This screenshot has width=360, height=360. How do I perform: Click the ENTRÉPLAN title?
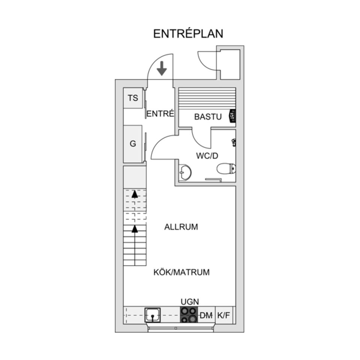(188, 33)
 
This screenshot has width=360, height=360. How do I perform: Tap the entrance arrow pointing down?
(162, 68)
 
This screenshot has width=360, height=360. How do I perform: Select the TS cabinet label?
(133, 98)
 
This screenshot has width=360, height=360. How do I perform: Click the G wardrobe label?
(133, 144)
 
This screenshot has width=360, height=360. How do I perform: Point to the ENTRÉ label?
(160, 114)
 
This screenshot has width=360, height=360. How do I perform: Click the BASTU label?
(208, 117)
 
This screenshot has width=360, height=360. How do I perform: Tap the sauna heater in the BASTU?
(232, 116)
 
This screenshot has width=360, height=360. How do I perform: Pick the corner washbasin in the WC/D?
(185, 173)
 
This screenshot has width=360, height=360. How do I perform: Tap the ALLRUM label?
(181, 227)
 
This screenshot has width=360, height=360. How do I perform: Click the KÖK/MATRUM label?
(181, 272)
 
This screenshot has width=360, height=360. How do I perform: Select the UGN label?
(189, 301)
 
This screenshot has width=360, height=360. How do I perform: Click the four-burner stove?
(189, 315)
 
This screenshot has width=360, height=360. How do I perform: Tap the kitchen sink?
(153, 315)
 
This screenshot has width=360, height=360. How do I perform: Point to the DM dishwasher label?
(206, 316)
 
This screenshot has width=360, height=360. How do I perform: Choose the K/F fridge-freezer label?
(224, 316)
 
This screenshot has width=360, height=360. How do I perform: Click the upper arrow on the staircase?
(134, 193)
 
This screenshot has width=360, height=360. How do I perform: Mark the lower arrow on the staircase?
(134, 228)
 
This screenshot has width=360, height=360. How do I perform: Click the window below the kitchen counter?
(181, 328)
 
